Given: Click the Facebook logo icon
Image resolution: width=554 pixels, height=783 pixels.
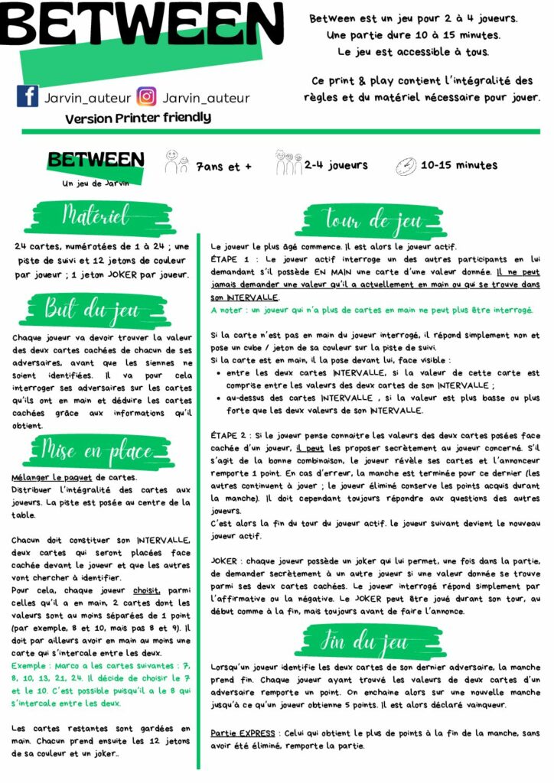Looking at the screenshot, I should coord(28,97).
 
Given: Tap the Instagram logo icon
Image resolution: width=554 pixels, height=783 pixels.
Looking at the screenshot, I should coord(146,97).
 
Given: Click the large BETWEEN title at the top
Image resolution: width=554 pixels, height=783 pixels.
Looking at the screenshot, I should coord(142,27).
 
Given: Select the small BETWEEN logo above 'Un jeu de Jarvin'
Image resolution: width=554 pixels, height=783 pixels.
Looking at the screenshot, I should coord(96,160).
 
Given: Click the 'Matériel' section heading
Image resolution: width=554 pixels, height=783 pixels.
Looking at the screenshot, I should coord(96,216).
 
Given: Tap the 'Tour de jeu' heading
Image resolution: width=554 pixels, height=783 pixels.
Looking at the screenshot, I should coord(373,221).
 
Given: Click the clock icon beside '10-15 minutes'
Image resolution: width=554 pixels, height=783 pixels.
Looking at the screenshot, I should coord(406,166).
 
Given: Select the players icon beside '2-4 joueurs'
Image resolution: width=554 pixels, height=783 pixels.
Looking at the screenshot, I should coord(288,163).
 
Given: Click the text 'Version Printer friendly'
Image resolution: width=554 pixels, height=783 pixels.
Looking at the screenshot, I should coord(138,119).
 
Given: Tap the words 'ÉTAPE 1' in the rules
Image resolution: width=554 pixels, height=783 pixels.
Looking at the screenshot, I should coord(228,260).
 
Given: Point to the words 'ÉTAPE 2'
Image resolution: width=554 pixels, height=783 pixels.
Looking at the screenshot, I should coord(228,435).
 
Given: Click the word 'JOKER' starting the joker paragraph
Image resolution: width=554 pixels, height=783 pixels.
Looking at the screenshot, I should coord(226,560).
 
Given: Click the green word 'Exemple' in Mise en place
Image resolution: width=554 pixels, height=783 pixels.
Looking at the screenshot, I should coord(30,666).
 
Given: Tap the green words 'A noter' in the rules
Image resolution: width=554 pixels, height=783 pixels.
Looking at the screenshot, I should coord(229,310).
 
